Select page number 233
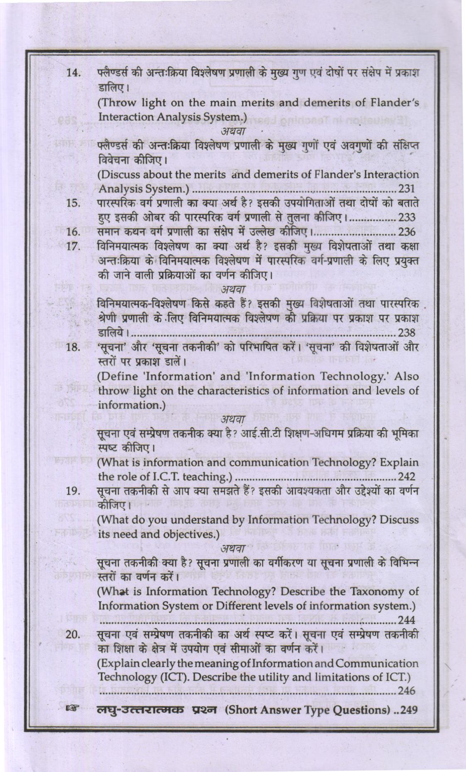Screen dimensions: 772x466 pyautogui.click(x=407, y=217)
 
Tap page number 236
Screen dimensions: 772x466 pyautogui.click(x=407, y=232)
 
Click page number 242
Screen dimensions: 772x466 pyautogui.click(x=407, y=476)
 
